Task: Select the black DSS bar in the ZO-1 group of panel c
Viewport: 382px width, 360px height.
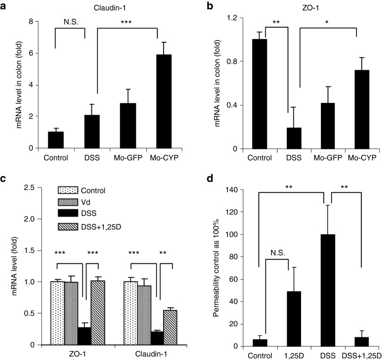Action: tap(84, 336)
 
